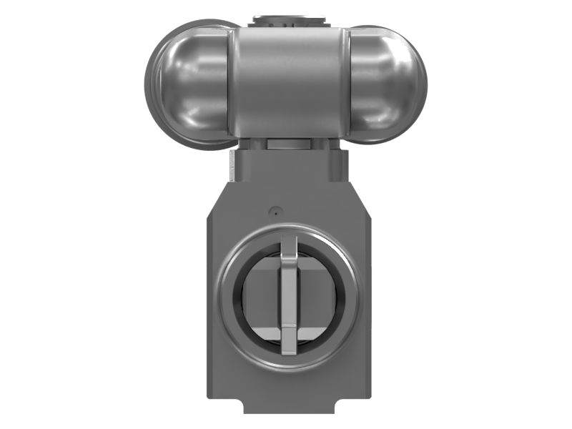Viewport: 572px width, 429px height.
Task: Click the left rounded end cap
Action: click(x=187, y=82)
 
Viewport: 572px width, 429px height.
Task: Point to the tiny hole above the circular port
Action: click(x=273, y=211)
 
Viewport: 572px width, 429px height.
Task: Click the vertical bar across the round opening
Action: click(x=288, y=293)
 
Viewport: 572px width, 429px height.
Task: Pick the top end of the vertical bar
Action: click(x=288, y=240)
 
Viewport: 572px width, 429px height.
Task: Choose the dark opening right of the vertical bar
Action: click(x=318, y=293)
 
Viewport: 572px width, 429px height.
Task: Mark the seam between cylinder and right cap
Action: click(x=347, y=82)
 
